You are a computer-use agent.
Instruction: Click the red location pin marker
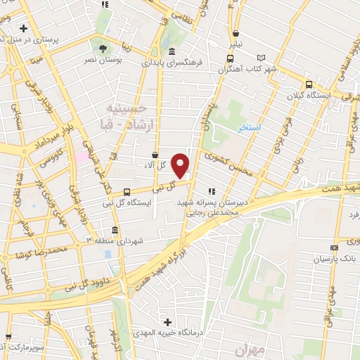181,165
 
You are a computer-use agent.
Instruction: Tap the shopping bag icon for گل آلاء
155,155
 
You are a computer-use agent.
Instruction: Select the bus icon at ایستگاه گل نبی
127,191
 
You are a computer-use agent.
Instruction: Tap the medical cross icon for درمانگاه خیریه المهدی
166,323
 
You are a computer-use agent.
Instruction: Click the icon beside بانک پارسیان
335,247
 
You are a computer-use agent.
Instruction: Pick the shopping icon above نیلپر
235,33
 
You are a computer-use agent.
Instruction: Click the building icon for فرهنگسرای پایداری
172,51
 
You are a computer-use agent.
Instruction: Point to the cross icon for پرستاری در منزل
24,29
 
